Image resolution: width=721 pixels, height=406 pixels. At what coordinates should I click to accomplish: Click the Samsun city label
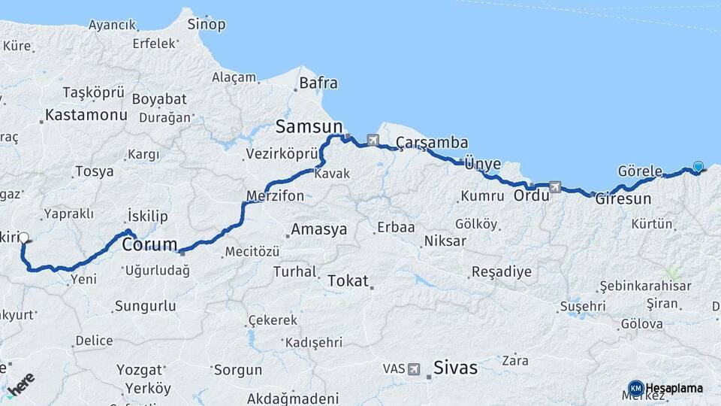pyautogui.click(x=309, y=126)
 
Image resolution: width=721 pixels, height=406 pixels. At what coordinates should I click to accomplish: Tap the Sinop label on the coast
pyautogui.click(x=207, y=25)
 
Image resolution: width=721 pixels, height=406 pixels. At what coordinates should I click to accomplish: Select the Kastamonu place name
pyautogui.click(x=86, y=115)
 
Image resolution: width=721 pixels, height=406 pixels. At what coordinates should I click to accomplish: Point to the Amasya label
pyautogui.click(x=319, y=229)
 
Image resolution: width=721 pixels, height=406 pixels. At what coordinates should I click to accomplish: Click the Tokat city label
pyautogui.click(x=348, y=281)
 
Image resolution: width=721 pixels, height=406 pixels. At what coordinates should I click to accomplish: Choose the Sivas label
pyautogui.click(x=455, y=368)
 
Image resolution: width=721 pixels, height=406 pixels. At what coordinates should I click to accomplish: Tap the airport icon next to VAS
pyautogui.click(x=415, y=369)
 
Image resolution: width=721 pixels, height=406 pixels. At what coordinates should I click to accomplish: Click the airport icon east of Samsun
pyautogui.click(x=373, y=140)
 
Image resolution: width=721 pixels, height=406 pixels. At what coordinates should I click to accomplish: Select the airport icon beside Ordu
pyautogui.click(x=555, y=186)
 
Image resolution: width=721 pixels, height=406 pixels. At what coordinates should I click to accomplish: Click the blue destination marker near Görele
pyautogui.click(x=698, y=167)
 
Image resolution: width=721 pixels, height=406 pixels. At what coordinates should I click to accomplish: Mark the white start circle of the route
pyautogui.click(x=24, y=238)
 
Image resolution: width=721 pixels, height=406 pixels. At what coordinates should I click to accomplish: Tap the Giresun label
pyautogui.click(x=623, y=200)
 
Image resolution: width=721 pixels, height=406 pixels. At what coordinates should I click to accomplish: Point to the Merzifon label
pyautogui.click(x=276, y=196)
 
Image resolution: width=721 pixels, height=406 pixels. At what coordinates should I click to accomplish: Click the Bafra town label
pyautogui.click(x=318, y=83)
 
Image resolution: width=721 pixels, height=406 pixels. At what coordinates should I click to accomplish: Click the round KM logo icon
pyautogui.click(x=635, y=388)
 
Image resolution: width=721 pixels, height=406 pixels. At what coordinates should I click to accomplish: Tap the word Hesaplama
pyautogui.click(x=674, y=388)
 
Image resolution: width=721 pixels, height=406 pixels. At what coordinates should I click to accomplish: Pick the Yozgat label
pyautogui.click(x=140, y=370)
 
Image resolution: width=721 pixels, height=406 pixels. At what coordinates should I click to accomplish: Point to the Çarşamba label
pyautogui.click(x=432, y=143)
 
